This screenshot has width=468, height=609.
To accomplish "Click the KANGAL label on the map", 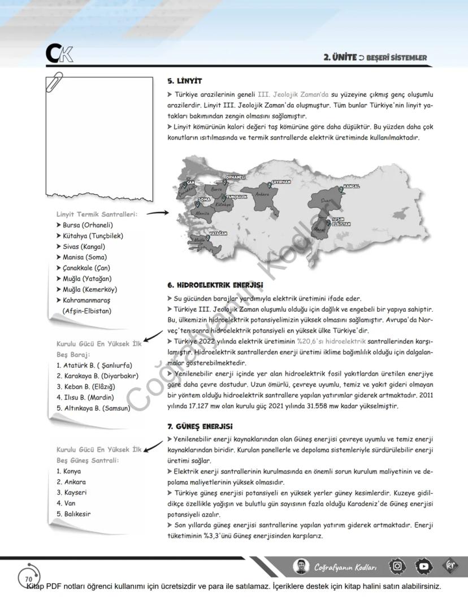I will click(351, 186).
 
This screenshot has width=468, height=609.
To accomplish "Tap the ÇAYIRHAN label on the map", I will click(281, 182).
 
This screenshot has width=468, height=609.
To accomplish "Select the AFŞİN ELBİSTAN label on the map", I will click(341, 221).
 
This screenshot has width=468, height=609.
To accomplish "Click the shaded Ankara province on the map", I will click(261, 194).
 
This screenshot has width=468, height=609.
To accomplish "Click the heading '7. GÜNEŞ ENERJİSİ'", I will click(200, 426).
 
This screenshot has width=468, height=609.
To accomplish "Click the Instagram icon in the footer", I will click(398, 566).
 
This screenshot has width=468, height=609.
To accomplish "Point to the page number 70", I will click(28, 579).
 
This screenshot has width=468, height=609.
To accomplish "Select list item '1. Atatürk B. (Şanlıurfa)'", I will click(94, 365).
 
